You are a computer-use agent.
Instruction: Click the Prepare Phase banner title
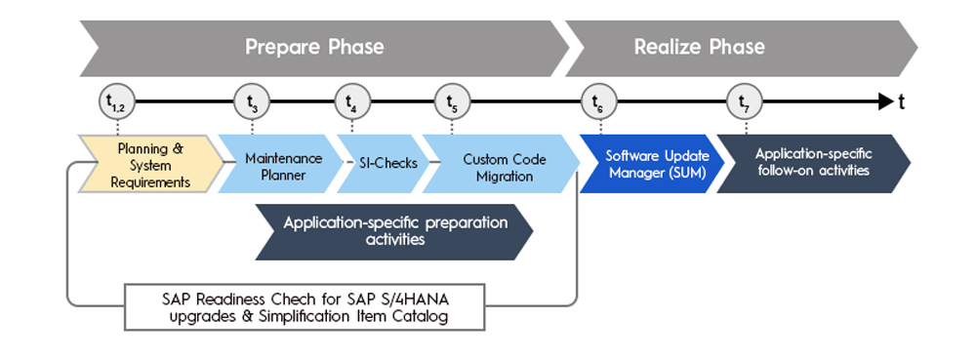314,47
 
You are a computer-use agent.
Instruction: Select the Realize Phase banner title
700,47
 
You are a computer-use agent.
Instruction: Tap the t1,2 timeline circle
117,101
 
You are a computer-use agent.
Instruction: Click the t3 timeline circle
252,101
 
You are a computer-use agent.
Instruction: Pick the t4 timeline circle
352,101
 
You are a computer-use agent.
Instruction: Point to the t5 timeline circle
453,101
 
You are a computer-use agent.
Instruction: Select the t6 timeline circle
599,101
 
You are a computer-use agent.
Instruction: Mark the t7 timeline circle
746,101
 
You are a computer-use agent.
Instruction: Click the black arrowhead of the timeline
886,101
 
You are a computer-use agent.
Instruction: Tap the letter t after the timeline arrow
901,102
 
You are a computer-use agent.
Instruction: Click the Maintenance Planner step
281,164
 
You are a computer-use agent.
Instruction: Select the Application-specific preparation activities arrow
394,231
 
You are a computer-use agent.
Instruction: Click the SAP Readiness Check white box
305,307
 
